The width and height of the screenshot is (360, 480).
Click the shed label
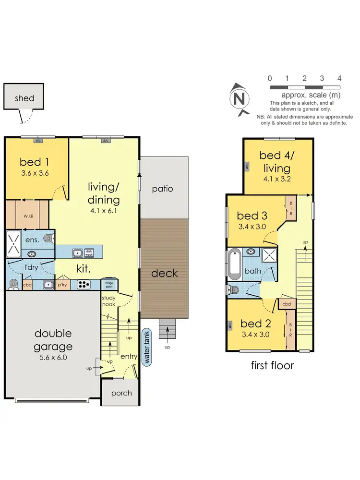[x=24, y=98]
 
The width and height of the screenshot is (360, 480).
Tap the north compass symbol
[x=239, y=99]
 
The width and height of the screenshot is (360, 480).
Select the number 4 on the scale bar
[x=339, y=78]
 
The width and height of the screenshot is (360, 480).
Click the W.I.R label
[x=28, y=215]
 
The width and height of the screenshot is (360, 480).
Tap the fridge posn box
[x=110, y=284]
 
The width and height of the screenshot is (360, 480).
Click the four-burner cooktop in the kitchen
[x=84, y=284]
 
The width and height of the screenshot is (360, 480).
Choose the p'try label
[x=63, y=285]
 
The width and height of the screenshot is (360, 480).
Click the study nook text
[x=108, y=301]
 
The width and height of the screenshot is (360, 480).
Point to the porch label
[x=121, y=393]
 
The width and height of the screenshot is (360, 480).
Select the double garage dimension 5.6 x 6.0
[x=53, y=357]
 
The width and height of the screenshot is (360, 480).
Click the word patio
[x=162, y=189]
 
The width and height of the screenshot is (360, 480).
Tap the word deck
[x=165, y=273]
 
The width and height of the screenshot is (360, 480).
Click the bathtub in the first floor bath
[x=235, y=264]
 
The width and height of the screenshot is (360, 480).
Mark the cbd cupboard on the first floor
[x=286, y=304]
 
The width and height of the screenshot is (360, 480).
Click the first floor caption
[x=272, y=365]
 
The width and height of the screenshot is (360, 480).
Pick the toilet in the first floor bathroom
[x=234, y=289]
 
